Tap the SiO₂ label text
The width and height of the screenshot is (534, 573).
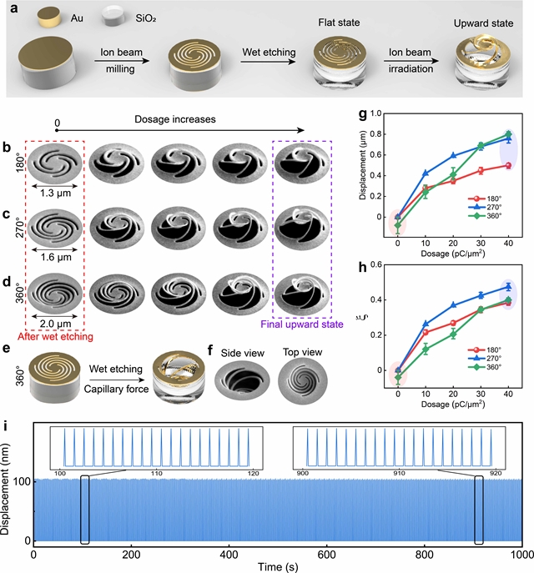coord(146,18)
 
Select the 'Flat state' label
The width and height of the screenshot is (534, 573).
coord(339,23)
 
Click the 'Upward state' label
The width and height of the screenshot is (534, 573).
coord(483,23)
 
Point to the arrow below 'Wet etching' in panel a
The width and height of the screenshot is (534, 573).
coord(269,62)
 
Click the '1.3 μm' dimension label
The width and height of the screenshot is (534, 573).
coord(55,193)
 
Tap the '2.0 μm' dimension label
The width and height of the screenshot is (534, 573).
coord(56,324)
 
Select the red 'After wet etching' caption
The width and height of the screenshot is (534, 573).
coord(55,336)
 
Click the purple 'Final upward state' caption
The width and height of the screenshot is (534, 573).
coord(302,324)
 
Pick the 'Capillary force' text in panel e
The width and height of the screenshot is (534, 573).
coord(116,389)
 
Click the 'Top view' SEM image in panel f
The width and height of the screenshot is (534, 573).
coord(303,381)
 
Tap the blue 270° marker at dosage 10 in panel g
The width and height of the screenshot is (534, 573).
coord(426,173)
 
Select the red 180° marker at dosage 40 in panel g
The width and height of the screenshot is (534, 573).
coord(508,165)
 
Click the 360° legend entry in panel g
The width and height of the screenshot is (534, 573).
coord(485,216)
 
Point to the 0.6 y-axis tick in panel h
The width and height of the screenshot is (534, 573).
coord(375,264)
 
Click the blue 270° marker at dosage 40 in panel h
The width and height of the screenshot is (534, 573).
coord(508,287)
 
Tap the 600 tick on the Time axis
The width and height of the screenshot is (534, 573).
coord(326,555)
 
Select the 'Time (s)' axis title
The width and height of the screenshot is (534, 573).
coord(278,567)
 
